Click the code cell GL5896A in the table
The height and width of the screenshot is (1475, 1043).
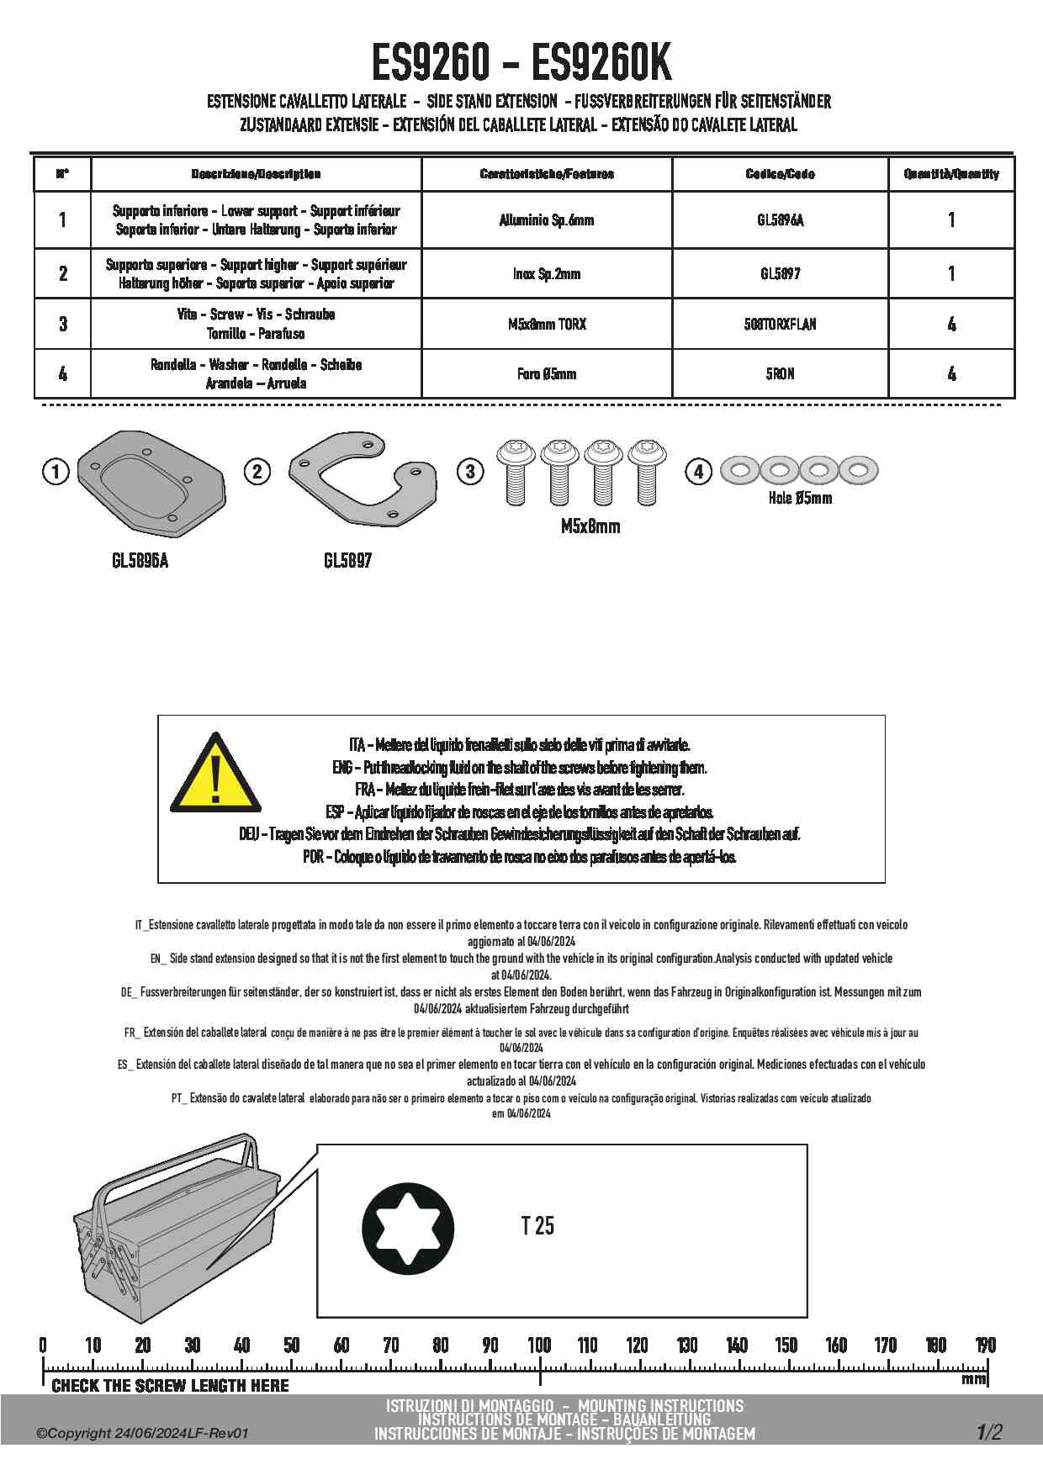click(780, 220)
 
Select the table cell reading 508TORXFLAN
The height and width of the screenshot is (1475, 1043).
click(780, 324)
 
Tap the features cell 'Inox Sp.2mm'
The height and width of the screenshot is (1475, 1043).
click(546, 273)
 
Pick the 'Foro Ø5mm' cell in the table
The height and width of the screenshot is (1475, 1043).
click(546, 374)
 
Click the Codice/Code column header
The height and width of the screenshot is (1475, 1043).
click(780, 174)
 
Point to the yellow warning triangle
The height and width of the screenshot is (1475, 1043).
click(215, 775)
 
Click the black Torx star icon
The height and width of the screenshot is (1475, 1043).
click(408, 1229)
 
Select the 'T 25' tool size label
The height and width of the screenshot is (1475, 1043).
click(537, 1226)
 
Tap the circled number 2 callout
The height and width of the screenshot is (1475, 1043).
click(257, 471)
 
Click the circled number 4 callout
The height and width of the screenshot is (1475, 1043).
click(698, 471)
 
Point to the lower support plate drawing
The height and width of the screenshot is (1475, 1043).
click(151, 483)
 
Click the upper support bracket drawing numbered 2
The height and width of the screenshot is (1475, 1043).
click(362, 479)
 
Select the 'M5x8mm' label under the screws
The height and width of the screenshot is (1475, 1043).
click(590, 526)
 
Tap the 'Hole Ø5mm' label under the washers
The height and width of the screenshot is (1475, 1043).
click(800, 498)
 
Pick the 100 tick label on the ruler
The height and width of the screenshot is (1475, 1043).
click(539, 1345)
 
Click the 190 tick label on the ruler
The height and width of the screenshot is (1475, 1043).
click(985, 1345)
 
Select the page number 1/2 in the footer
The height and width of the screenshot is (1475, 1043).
click(989, 1432)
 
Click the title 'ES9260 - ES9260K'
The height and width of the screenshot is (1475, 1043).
click(521, 62)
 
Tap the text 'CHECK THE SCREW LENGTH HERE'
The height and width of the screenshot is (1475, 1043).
click(170, 1386)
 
